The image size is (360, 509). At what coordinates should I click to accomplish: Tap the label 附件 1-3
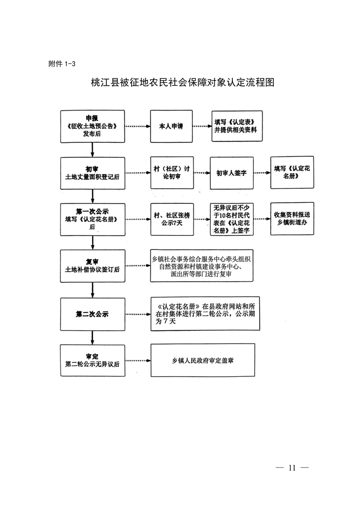[62, 64]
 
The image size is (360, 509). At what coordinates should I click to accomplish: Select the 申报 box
[93, 126]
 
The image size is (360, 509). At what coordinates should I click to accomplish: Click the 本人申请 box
[171, 127]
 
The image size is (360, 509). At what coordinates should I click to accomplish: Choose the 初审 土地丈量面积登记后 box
[93, 173]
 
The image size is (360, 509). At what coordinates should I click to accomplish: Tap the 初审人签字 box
[232, 173]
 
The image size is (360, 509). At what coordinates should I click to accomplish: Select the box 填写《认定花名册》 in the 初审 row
[291, 173]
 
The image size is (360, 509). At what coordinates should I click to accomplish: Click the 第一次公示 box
[93, 219]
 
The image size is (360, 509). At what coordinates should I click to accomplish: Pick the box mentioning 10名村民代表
[232, 220]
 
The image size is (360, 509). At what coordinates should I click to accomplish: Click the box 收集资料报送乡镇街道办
[291, 219]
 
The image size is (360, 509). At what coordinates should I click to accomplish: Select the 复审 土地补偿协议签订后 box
[93, 265]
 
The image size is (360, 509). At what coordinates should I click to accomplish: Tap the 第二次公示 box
[93, 313]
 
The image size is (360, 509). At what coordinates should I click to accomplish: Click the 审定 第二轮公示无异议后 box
[93, 360]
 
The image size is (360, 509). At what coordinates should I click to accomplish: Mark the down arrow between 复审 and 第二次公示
[93, 289]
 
